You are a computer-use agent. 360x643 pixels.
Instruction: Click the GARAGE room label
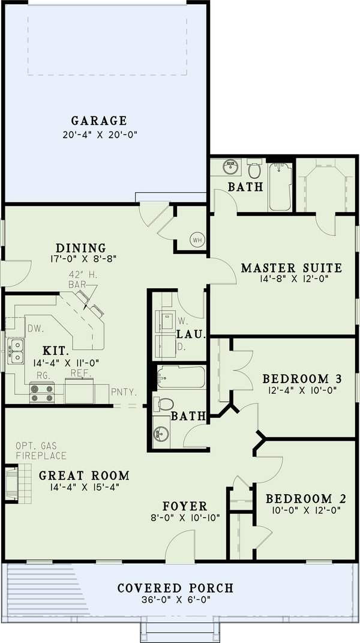[x=99, y=120]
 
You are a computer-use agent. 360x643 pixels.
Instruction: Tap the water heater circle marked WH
[x=197, y=240]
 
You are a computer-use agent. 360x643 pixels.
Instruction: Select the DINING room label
[x=80, y=248]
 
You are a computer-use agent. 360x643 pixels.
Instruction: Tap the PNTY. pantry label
[x=125, y=392]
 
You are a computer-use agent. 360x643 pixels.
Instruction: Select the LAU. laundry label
[x=191, y=334]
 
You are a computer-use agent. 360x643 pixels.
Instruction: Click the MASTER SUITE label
[x=291, y=268]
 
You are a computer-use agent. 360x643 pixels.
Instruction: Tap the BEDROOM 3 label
[x=302, y=379]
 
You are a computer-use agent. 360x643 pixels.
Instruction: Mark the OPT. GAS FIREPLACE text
[x=41, y=450]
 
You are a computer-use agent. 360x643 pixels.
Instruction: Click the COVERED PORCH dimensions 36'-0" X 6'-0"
[x=175, y=599]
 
